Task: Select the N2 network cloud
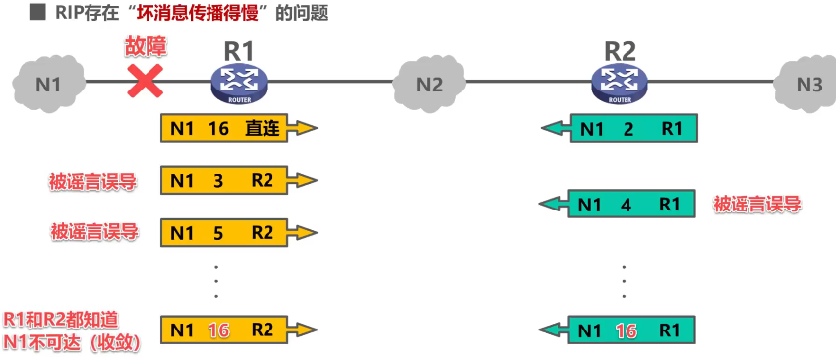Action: tap(429, 84)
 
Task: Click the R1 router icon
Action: tap(239, 84)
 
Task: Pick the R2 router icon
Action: tap(621, 84)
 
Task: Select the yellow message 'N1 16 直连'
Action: tap(237, 128)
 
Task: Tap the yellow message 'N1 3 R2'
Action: tap(237, 180)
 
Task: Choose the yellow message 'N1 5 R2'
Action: tap(237, 232)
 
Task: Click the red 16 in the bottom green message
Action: tap(626, 330)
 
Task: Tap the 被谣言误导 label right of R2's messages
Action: tap(757, 205)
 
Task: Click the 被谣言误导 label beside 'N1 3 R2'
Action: tap(92, 181)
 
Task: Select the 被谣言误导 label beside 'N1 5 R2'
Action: tap(92, 232)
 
